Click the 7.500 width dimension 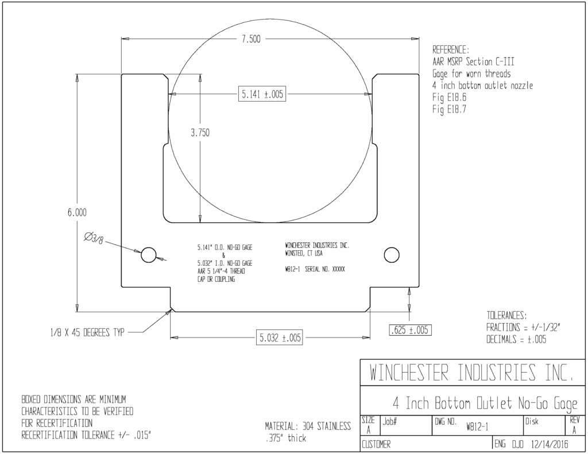pyautogui.click(x=251, y=39)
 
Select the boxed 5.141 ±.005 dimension pyautogui.click(x=262, y=94)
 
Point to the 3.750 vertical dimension pyautogui.click(x=200, y=133)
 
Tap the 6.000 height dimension pyautogui.click(x=77, y=212)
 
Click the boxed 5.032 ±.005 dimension pyautogui.click(x=280, y=338)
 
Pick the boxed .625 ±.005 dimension pyautogui.click(x=411, y=330)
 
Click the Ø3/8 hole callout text pyautogui.click(x=94, y=238)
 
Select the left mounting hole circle pyautogui.click(x=149, y=255)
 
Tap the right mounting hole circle pyautogui.click(x=392, y=255)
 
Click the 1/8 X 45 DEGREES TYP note pyautogui.click(x=87, y=333)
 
